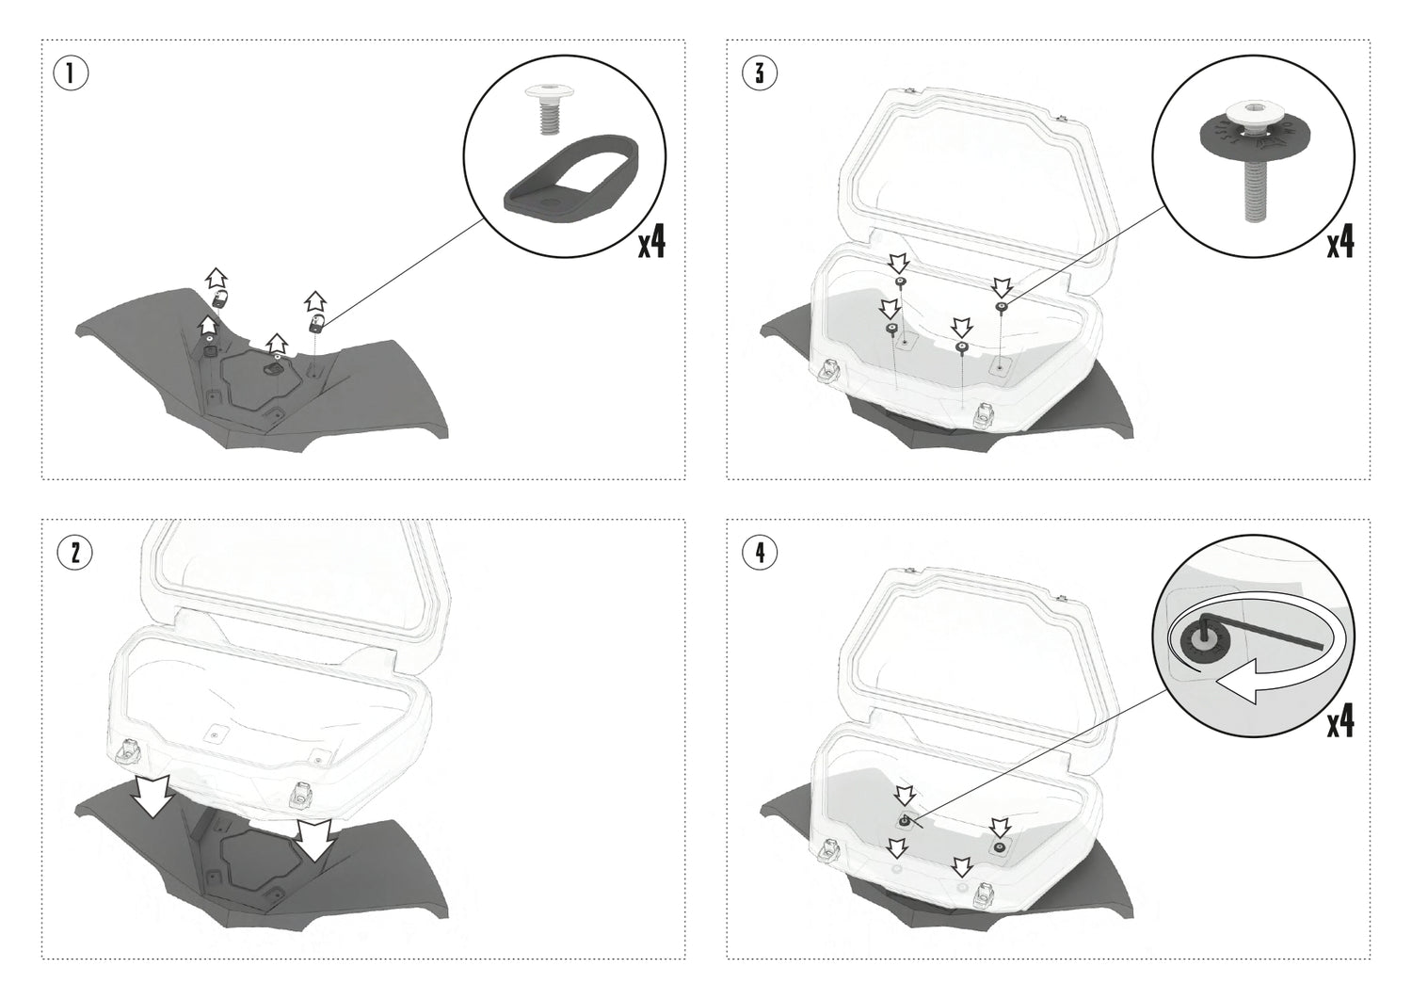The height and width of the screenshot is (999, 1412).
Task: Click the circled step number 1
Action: tap(72, 73)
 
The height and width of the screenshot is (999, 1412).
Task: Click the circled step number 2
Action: tap(74, 553)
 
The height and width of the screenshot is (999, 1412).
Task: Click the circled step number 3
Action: tap(760, 73)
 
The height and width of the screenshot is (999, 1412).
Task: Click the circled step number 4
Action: tap(760, 553)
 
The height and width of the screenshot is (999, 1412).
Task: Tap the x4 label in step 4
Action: tap(1340, 722)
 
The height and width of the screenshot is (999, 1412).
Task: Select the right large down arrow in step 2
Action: tap(313, 839)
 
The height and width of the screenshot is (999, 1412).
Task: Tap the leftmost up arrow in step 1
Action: tap(217, 278)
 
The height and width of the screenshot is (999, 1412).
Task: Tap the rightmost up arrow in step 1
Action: tap(314, 301)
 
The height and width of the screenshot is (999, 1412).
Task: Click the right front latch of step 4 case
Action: tap(985, 893)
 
